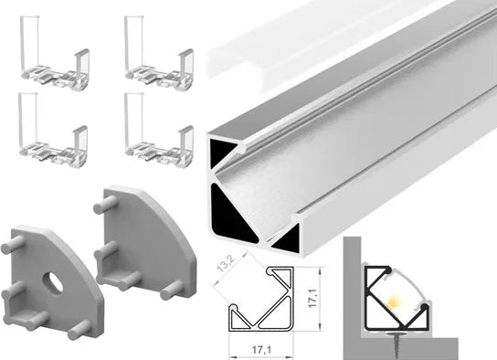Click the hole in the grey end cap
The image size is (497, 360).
(x=53, y=281)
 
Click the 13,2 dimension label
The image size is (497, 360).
(x=226, y=263)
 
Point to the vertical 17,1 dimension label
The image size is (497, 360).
(x=313, y=299)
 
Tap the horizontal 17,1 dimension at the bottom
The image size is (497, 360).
(x=261, y=350)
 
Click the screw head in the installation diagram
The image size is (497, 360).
(x=395, y=334)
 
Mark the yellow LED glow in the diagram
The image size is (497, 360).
(x=393, y=301)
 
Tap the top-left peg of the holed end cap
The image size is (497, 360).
(x=13, y=245)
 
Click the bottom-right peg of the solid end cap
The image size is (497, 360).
(x=172, y=291)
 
